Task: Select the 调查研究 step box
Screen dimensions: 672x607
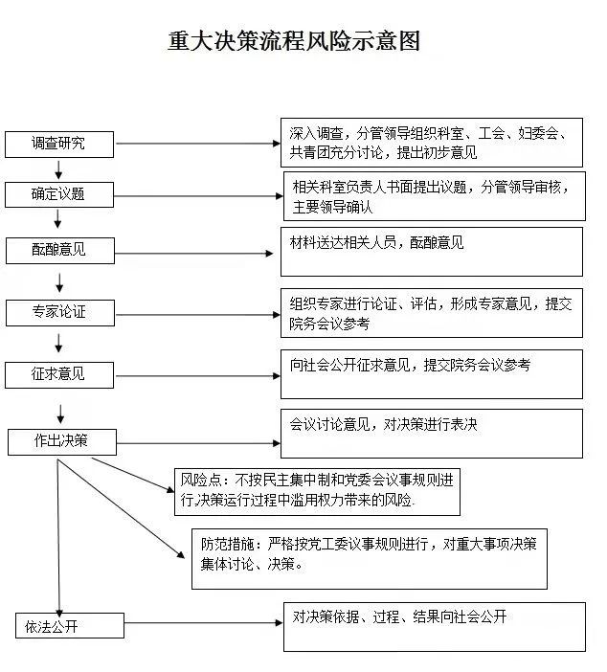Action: coord(58,145)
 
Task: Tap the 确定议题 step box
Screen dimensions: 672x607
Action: coord(58,194)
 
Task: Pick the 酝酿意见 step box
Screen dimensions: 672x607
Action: coord(58,250)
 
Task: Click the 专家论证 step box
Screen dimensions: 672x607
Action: coord(58,312)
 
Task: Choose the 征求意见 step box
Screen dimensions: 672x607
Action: coord(58,374)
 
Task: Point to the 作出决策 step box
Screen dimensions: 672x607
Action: coord(61,441)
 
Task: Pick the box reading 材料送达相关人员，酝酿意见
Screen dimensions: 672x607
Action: coord(431,251)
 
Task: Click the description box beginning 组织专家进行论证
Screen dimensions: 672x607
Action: coord(431,313)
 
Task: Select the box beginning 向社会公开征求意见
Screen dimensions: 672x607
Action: coord(431,373)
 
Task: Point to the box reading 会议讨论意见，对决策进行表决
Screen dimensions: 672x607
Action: coord(431,433)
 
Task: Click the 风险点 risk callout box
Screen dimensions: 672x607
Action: coord(317,491)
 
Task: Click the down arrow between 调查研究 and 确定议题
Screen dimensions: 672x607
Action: coord(59,170)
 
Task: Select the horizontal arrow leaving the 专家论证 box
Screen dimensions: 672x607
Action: coord(196,313)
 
